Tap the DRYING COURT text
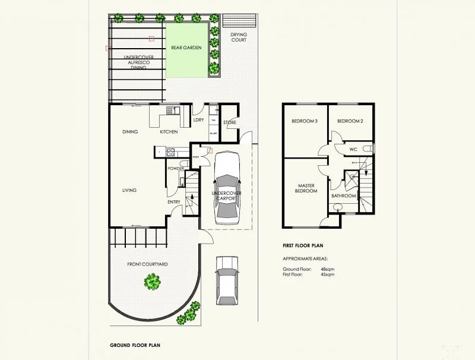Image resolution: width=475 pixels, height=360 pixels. [239, 37]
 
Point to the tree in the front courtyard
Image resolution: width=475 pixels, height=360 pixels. [153, 281]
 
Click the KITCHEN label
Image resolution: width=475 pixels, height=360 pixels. [169, 132]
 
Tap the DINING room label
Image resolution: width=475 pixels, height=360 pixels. [131, 132]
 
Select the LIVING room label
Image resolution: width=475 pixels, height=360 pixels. [129, 190]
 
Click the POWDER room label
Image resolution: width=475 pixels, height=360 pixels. [176, 169]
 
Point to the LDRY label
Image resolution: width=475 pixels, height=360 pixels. [199, 121]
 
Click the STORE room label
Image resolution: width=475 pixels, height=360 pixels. [230, 123]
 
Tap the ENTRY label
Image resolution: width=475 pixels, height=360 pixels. [174, 202]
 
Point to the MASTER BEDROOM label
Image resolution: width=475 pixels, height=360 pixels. [307, 188]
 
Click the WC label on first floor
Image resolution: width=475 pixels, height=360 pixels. [353, 149]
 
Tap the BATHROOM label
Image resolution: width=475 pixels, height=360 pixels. [343, 195]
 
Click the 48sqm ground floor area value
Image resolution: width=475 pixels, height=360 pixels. [327, 269]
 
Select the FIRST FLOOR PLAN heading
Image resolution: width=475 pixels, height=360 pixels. [302, 245]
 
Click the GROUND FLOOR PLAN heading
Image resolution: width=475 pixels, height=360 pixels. [135, 345]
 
